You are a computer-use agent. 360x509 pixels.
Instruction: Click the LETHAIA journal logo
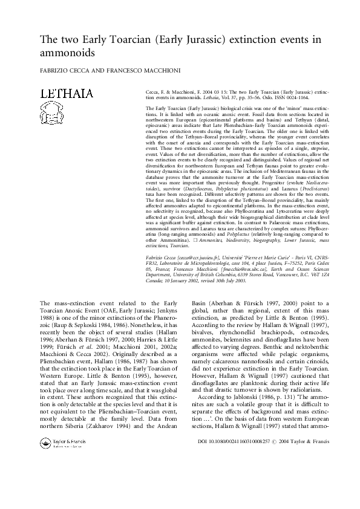(x=66, y=94)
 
